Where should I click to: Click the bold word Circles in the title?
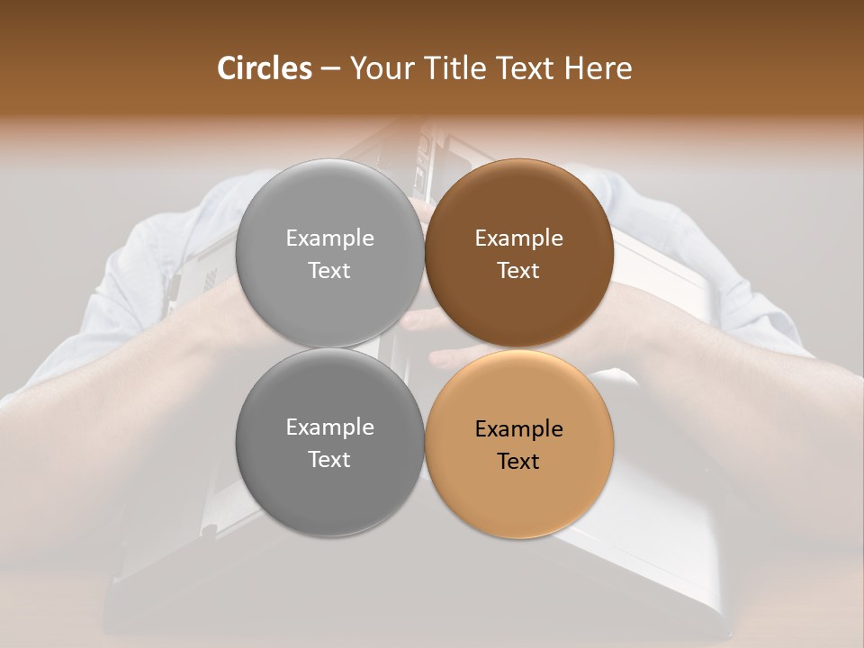point(264,68)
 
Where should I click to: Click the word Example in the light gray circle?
point(329,238)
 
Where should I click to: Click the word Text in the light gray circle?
point(329,270)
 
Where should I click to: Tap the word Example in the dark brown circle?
point(518,238)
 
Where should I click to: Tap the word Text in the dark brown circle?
point(518,270)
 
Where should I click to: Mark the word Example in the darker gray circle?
point(329,427)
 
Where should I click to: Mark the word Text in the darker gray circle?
point(329,459)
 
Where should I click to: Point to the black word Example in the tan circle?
point(518,428)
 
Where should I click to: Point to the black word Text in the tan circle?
point(518,461)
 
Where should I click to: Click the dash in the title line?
point(329,69)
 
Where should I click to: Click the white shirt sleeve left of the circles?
point(135,270)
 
